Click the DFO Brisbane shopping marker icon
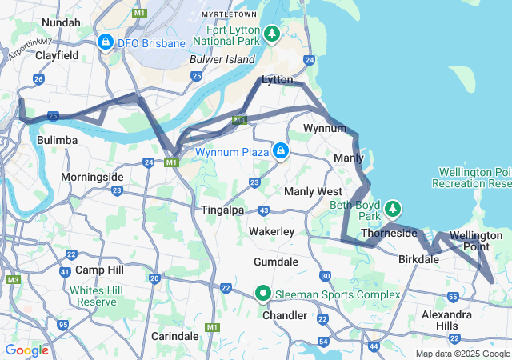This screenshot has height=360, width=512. tap(105, 41)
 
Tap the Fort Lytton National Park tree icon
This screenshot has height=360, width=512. tap(273, 34)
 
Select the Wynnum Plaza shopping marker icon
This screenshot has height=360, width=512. tap(281, 150)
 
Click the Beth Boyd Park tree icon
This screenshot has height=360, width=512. tap(393, 210)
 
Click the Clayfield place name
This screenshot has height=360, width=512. tap(57, 56)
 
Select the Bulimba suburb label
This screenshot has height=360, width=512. tap(58, 140)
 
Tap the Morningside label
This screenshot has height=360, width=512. tap(92, 176)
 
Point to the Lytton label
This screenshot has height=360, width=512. tap(278, 80)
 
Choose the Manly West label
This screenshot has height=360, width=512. tap(313, 191)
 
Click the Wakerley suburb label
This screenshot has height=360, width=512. tap(271, 231)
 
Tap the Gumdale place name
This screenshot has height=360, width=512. tap(275, 262)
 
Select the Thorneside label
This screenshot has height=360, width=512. tap(389, 233)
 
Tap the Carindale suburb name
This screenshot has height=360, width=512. tap(174, 334)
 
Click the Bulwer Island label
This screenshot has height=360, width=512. tap(222, 59)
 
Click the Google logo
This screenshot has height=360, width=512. tap(26, 350)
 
